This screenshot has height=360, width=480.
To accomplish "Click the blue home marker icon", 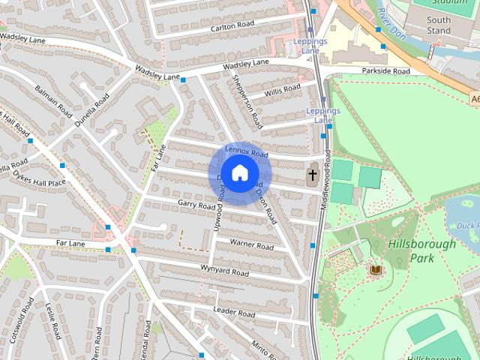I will (239, 173).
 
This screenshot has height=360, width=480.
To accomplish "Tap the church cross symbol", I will (312, 175).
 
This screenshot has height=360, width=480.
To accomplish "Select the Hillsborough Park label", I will (421, 251).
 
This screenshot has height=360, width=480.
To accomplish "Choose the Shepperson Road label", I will (247, 100).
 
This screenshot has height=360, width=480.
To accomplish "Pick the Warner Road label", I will (251, 244).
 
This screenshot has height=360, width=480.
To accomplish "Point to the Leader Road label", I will (234, 310).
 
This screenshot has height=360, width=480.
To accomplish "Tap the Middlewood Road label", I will (327, 179).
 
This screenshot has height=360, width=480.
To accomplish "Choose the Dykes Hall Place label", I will (39, 178).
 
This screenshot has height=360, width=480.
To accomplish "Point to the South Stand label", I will (439, 25).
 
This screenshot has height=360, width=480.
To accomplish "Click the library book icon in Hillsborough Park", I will (375, 268).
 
